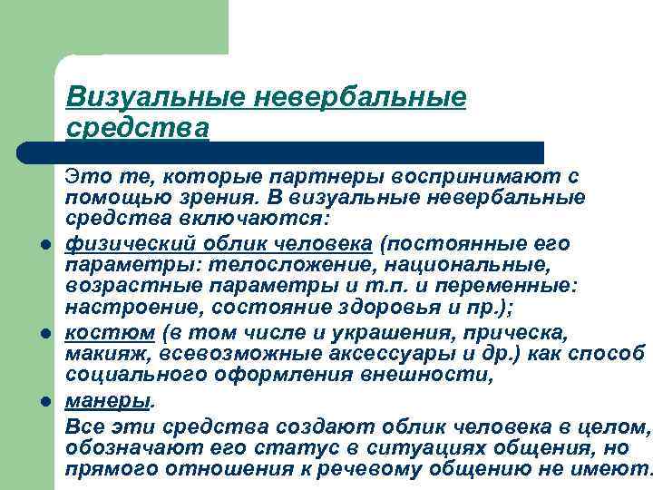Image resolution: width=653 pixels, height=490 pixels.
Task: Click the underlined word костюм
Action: tap(96, 334)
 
